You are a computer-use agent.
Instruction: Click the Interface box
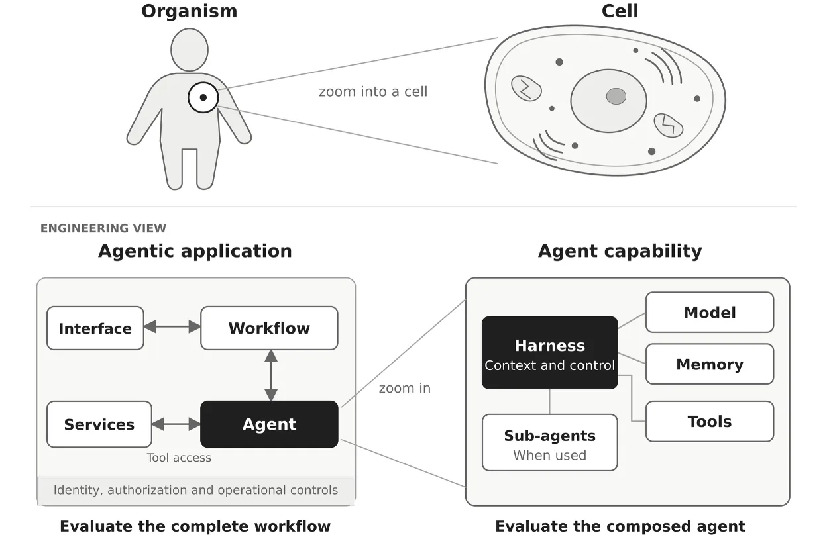click(95, 328)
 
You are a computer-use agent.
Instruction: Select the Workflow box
click(269, 328)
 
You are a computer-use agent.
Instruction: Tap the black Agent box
click(269, 424)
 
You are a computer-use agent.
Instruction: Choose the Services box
click(99, 424)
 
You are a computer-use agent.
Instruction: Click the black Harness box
click(550, 352)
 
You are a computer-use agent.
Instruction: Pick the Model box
click(710, 313)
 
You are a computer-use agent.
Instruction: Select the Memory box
click(710, 364)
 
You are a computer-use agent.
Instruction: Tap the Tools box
click(710, 421)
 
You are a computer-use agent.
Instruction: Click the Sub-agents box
click(550, 443)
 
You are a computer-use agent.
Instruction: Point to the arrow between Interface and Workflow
click(172, 326)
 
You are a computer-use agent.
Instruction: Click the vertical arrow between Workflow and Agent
click(271, 375)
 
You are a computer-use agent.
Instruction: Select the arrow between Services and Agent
click(176, 424)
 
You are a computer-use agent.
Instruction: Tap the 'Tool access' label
click(179, 458)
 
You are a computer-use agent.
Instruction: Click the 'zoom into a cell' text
click(373, 91)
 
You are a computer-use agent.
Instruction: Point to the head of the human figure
click(190, 50)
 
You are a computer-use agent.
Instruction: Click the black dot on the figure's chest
click(203, 97)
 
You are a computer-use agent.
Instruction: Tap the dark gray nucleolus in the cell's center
click(616, 96)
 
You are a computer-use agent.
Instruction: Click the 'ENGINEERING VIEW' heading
click(103, 228)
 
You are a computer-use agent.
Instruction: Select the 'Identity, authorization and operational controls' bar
click(196, 491)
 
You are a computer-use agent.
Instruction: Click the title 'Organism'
click(190, 11)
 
